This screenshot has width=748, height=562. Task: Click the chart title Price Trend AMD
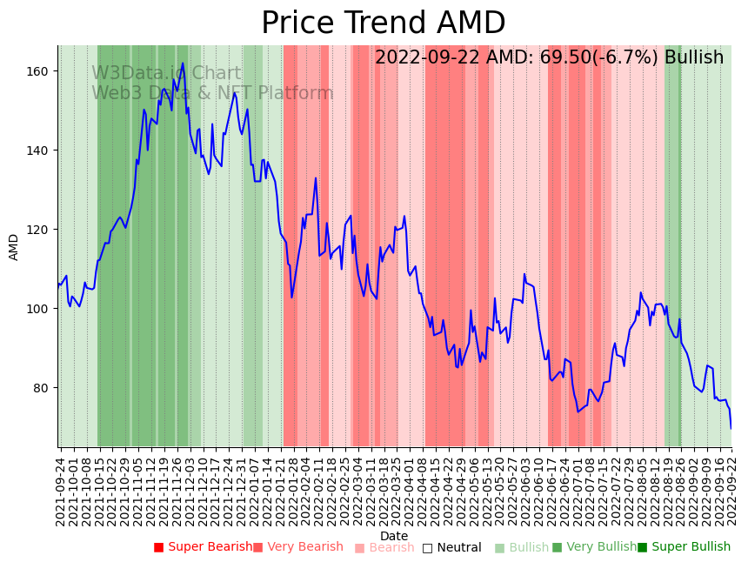[x=383, y=23]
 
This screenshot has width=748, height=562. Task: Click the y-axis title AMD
[x=14, y=247]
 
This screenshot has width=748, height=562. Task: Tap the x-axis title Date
[x=394, y=536]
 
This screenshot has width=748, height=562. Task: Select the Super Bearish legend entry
[x=203, y=547]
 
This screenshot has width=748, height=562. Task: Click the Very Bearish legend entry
[x=298, y=547]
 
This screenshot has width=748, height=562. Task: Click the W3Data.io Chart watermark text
[x=166, y=74]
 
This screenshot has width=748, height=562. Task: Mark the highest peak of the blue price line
[x=183, y=63]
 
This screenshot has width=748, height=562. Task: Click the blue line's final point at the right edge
[x=731, y=428]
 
